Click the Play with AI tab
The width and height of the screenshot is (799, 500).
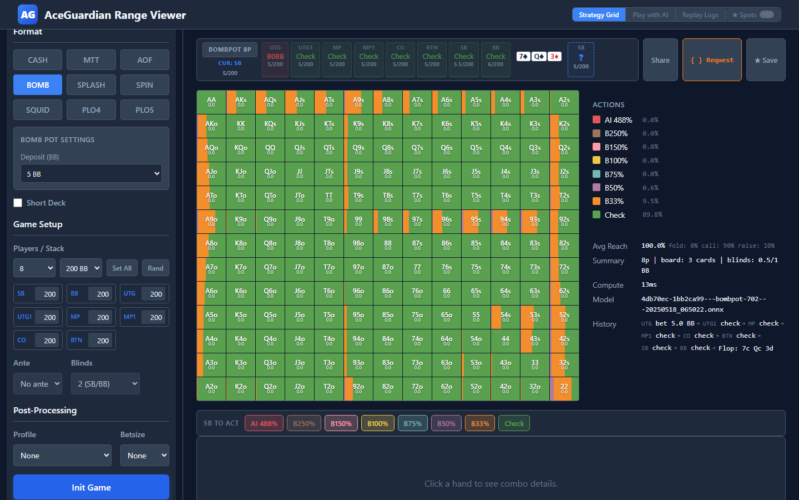[x=650, y=15]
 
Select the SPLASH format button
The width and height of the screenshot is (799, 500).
[x=91, y=85]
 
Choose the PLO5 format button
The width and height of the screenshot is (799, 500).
[x=144, y=110]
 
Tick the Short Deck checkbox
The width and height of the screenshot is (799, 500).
[x=18, y=203]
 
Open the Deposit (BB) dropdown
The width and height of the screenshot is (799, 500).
[x=91, y=174]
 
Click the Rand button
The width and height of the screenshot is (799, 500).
[x=155, y=268]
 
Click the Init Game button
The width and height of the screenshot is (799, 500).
[x=91, y=487]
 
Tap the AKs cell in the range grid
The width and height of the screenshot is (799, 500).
[x=241, y=102]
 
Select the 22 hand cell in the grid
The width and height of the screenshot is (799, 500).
[x=564, y=389]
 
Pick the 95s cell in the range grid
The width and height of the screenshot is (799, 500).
[x=476, y=222]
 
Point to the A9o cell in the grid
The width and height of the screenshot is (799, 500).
[x=211, y=222]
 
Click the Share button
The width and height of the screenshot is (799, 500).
[x=660, y=60]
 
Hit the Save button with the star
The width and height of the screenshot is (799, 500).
[x=766, y=60]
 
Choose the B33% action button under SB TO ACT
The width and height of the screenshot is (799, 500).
[x=480, y=423]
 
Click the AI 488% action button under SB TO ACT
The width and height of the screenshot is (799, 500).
[x=264, y=423]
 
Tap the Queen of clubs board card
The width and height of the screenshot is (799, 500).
[x=539, y=57]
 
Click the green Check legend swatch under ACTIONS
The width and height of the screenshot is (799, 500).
[x=596, y=215]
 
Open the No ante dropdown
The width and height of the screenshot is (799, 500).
[x=38, y=384]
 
